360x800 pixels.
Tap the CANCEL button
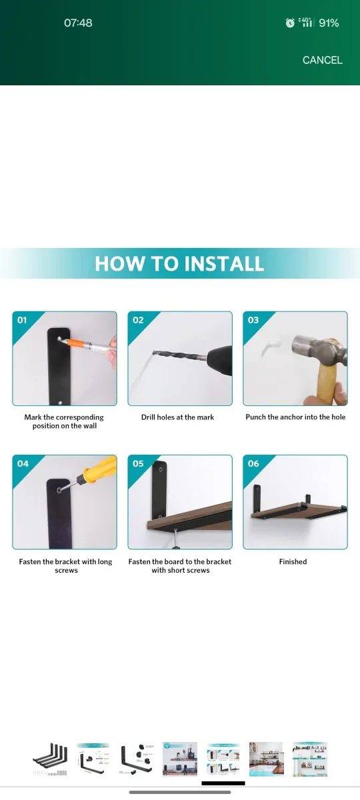322,60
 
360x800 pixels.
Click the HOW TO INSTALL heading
179,263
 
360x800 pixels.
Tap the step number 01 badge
23,320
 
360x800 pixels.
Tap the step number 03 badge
253,320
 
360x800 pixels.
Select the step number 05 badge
138,463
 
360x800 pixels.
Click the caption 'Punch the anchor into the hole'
295,417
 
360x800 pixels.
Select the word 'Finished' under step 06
293,562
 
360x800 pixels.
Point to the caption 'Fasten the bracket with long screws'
65,566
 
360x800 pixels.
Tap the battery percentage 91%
329,23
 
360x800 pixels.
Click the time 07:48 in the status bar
78,23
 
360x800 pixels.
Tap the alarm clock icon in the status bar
290,23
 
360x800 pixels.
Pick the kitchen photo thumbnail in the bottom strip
266,759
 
